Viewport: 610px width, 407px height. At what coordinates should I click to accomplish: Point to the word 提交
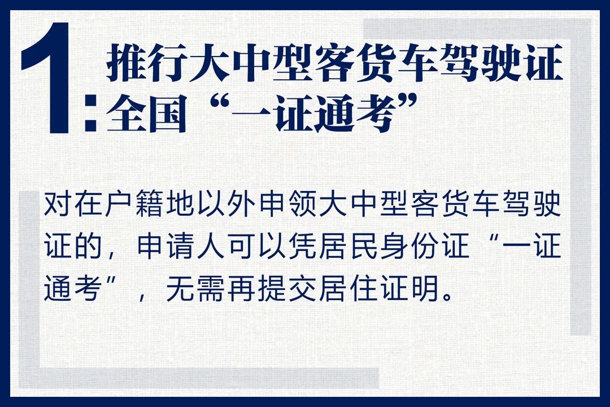coord(291,292)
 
